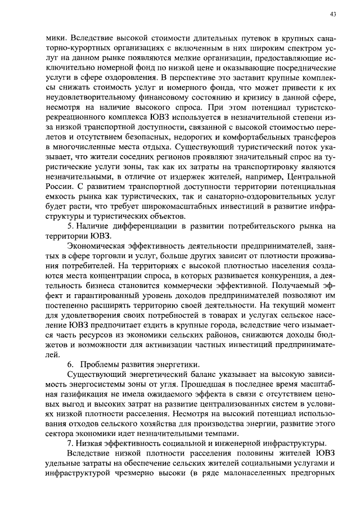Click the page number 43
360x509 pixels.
[333, 15]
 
